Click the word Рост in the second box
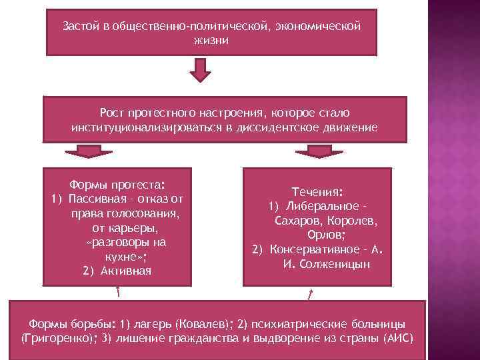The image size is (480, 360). click(112, 114)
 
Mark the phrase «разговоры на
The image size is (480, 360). click(126, 242)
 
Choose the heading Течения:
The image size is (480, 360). click(317, 191)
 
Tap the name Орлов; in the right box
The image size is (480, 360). click(326, 235)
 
